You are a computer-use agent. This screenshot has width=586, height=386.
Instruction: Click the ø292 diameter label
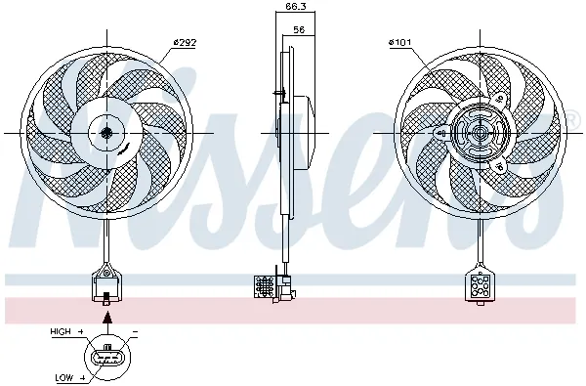point(186,41)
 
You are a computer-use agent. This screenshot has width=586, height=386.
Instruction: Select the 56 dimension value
point(298,30)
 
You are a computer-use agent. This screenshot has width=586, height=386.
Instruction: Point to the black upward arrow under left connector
point(106,314)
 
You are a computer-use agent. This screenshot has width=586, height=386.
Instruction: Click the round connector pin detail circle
point(106,355)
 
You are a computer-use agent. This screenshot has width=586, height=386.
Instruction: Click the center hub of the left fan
point(105,133)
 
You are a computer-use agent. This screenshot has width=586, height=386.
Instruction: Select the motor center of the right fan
point(479,133)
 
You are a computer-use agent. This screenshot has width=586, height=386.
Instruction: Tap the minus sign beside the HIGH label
point(133,333)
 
